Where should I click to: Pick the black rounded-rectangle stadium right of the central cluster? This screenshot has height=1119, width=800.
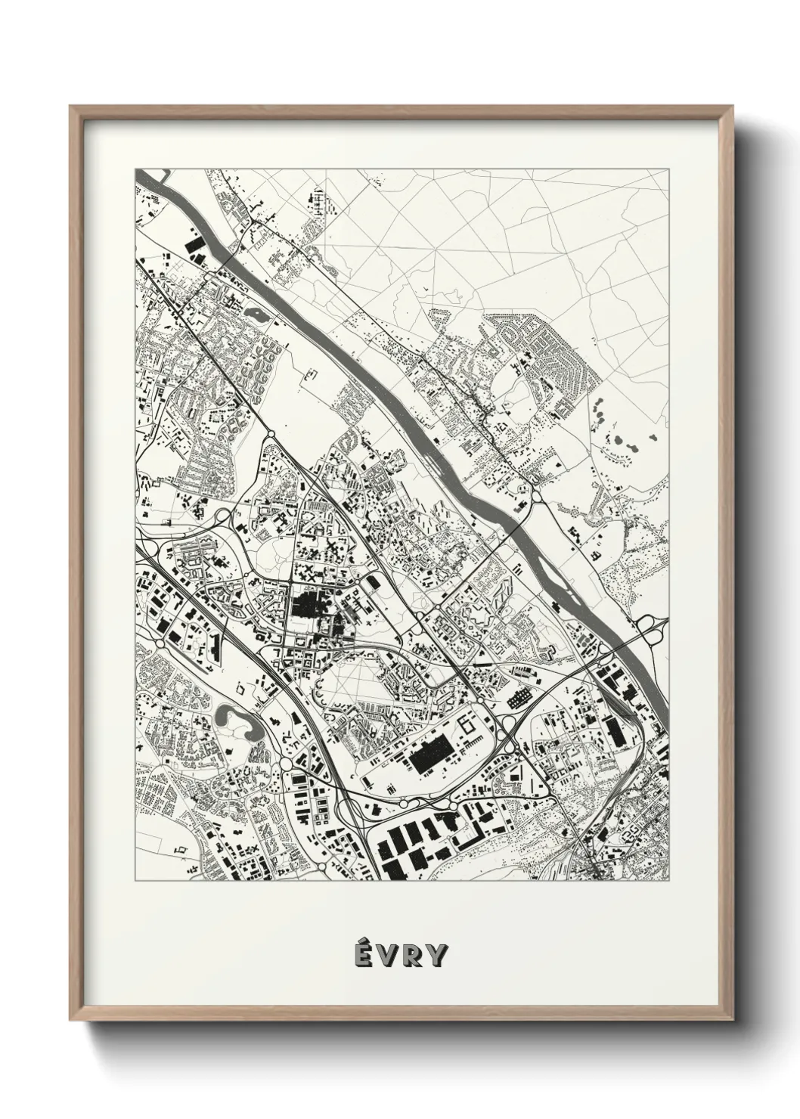pos(372,583)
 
